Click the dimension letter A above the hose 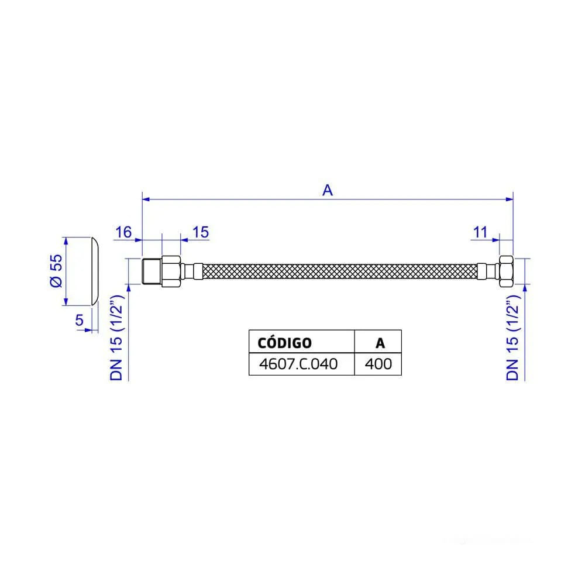point(328,190)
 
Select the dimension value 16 point(123,232)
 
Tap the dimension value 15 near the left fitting point(200,232)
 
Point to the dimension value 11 point(480,232)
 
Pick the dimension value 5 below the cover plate point(78,319)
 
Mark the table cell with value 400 point(378,364)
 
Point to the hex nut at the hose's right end point(506,271)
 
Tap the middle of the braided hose point(339,271)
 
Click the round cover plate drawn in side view point(94,271)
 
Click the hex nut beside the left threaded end point(172,271)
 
